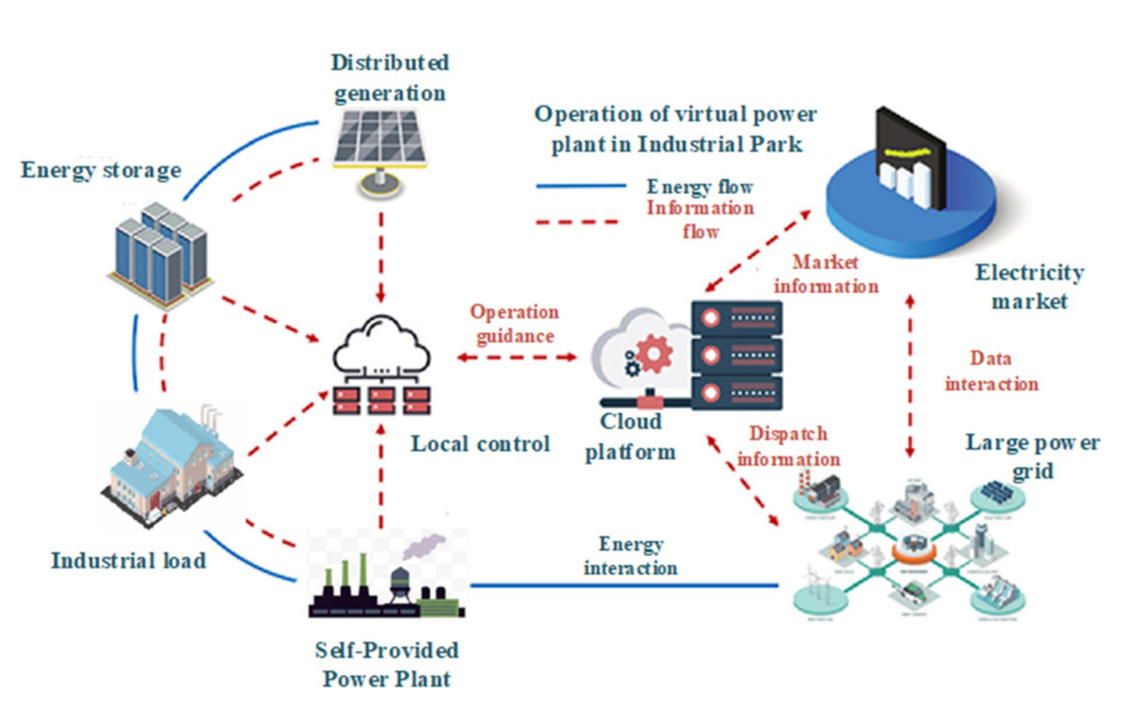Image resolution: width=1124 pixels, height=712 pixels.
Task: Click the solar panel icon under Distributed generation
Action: click(x=380, y=137)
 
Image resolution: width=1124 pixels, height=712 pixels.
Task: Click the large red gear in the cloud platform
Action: click(x=654, y=353)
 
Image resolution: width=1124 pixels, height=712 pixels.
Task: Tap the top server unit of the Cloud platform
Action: click(x=736, y=318)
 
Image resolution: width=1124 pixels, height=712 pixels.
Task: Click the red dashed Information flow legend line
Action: click(x=577, y=222)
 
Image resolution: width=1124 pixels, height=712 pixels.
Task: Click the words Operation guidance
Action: click(x=515, y=324)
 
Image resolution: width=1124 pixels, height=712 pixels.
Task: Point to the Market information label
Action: click(x=826, y=274)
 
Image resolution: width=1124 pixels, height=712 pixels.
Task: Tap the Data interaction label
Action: click(x=991, y=371)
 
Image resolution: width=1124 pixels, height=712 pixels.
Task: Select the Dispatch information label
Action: click(x=788, y=446)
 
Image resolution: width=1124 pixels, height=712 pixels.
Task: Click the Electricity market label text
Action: click(x=1030, y=287)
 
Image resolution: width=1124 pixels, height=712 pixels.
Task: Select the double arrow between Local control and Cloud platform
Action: click(x=517, y=357)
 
